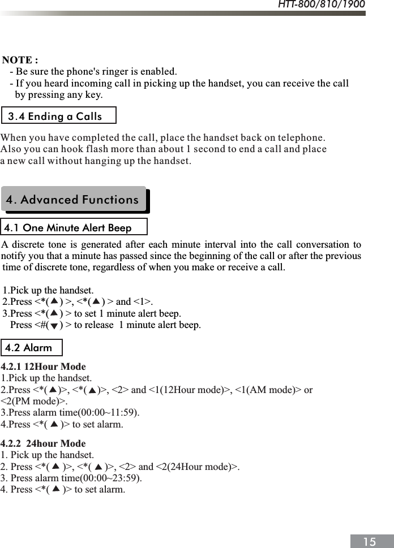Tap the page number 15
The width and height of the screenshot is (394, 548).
369,542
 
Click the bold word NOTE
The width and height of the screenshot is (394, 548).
20,60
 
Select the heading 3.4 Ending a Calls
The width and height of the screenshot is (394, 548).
55,116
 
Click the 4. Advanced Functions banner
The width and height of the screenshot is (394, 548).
72,200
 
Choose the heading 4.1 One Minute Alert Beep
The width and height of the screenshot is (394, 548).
68,228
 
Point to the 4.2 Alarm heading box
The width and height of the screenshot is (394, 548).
28,348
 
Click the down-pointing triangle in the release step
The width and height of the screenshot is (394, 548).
53,326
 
